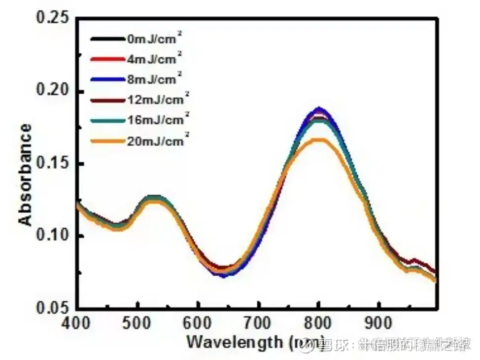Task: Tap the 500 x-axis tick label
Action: tap(138, 324)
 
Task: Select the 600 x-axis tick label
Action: tap(199, 324)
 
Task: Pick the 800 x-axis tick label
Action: tap(319, 324)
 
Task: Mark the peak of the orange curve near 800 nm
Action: tap(319, 140)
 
